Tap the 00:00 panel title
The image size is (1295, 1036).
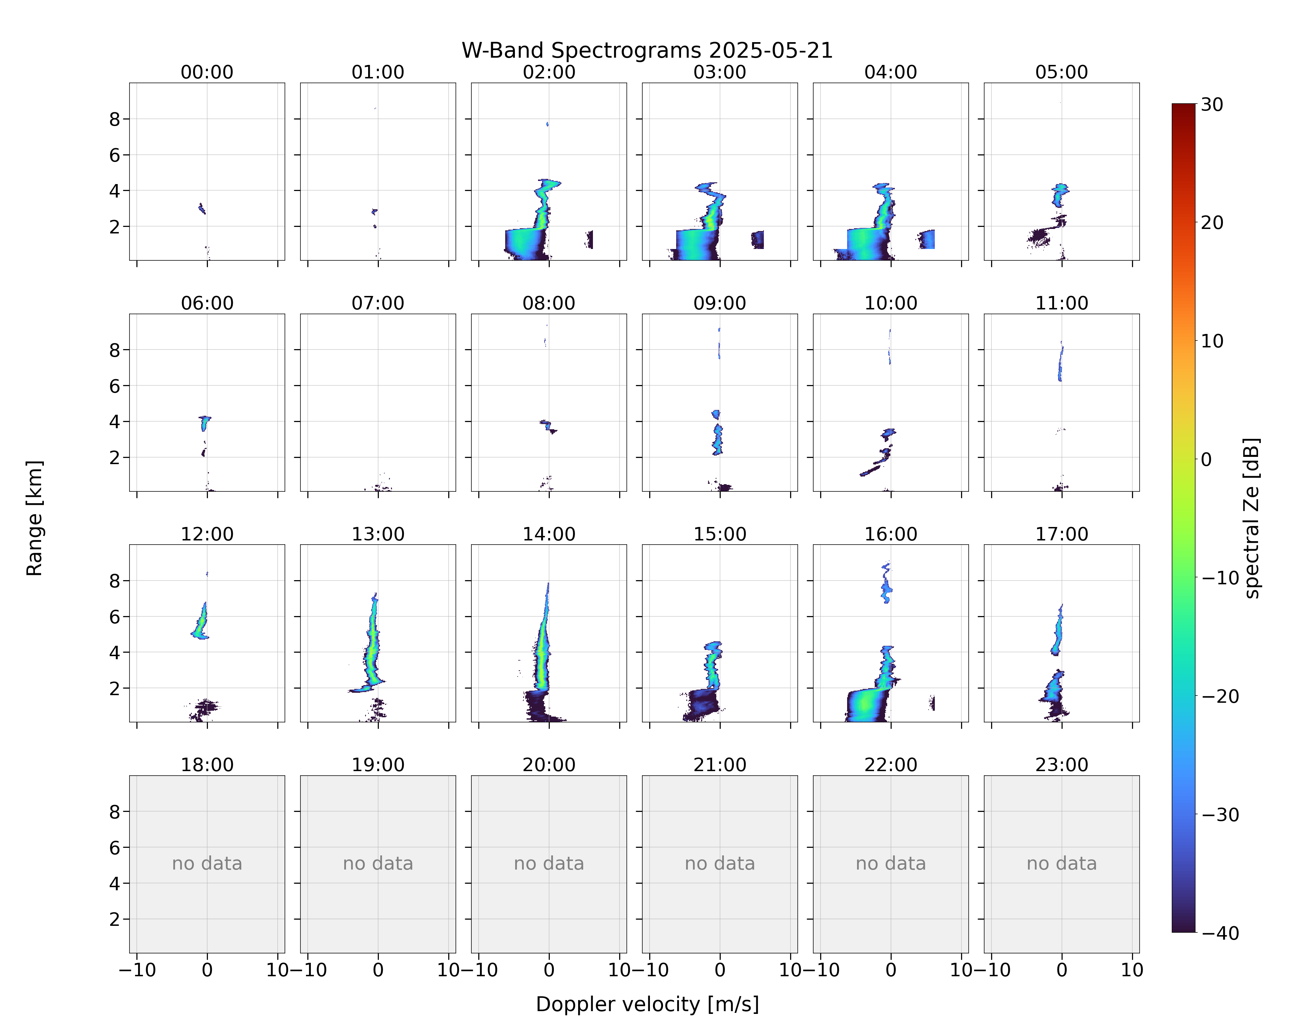207,72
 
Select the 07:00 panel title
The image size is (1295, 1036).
378,303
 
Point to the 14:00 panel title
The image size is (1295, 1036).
549,534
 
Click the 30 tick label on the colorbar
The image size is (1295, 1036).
1212,105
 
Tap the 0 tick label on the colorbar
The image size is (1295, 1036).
1206,459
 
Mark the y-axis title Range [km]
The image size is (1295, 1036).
34,518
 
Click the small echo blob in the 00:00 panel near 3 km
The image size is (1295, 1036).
202,208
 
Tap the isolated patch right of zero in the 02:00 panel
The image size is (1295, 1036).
589,239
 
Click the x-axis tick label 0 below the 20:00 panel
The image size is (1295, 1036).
549,970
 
